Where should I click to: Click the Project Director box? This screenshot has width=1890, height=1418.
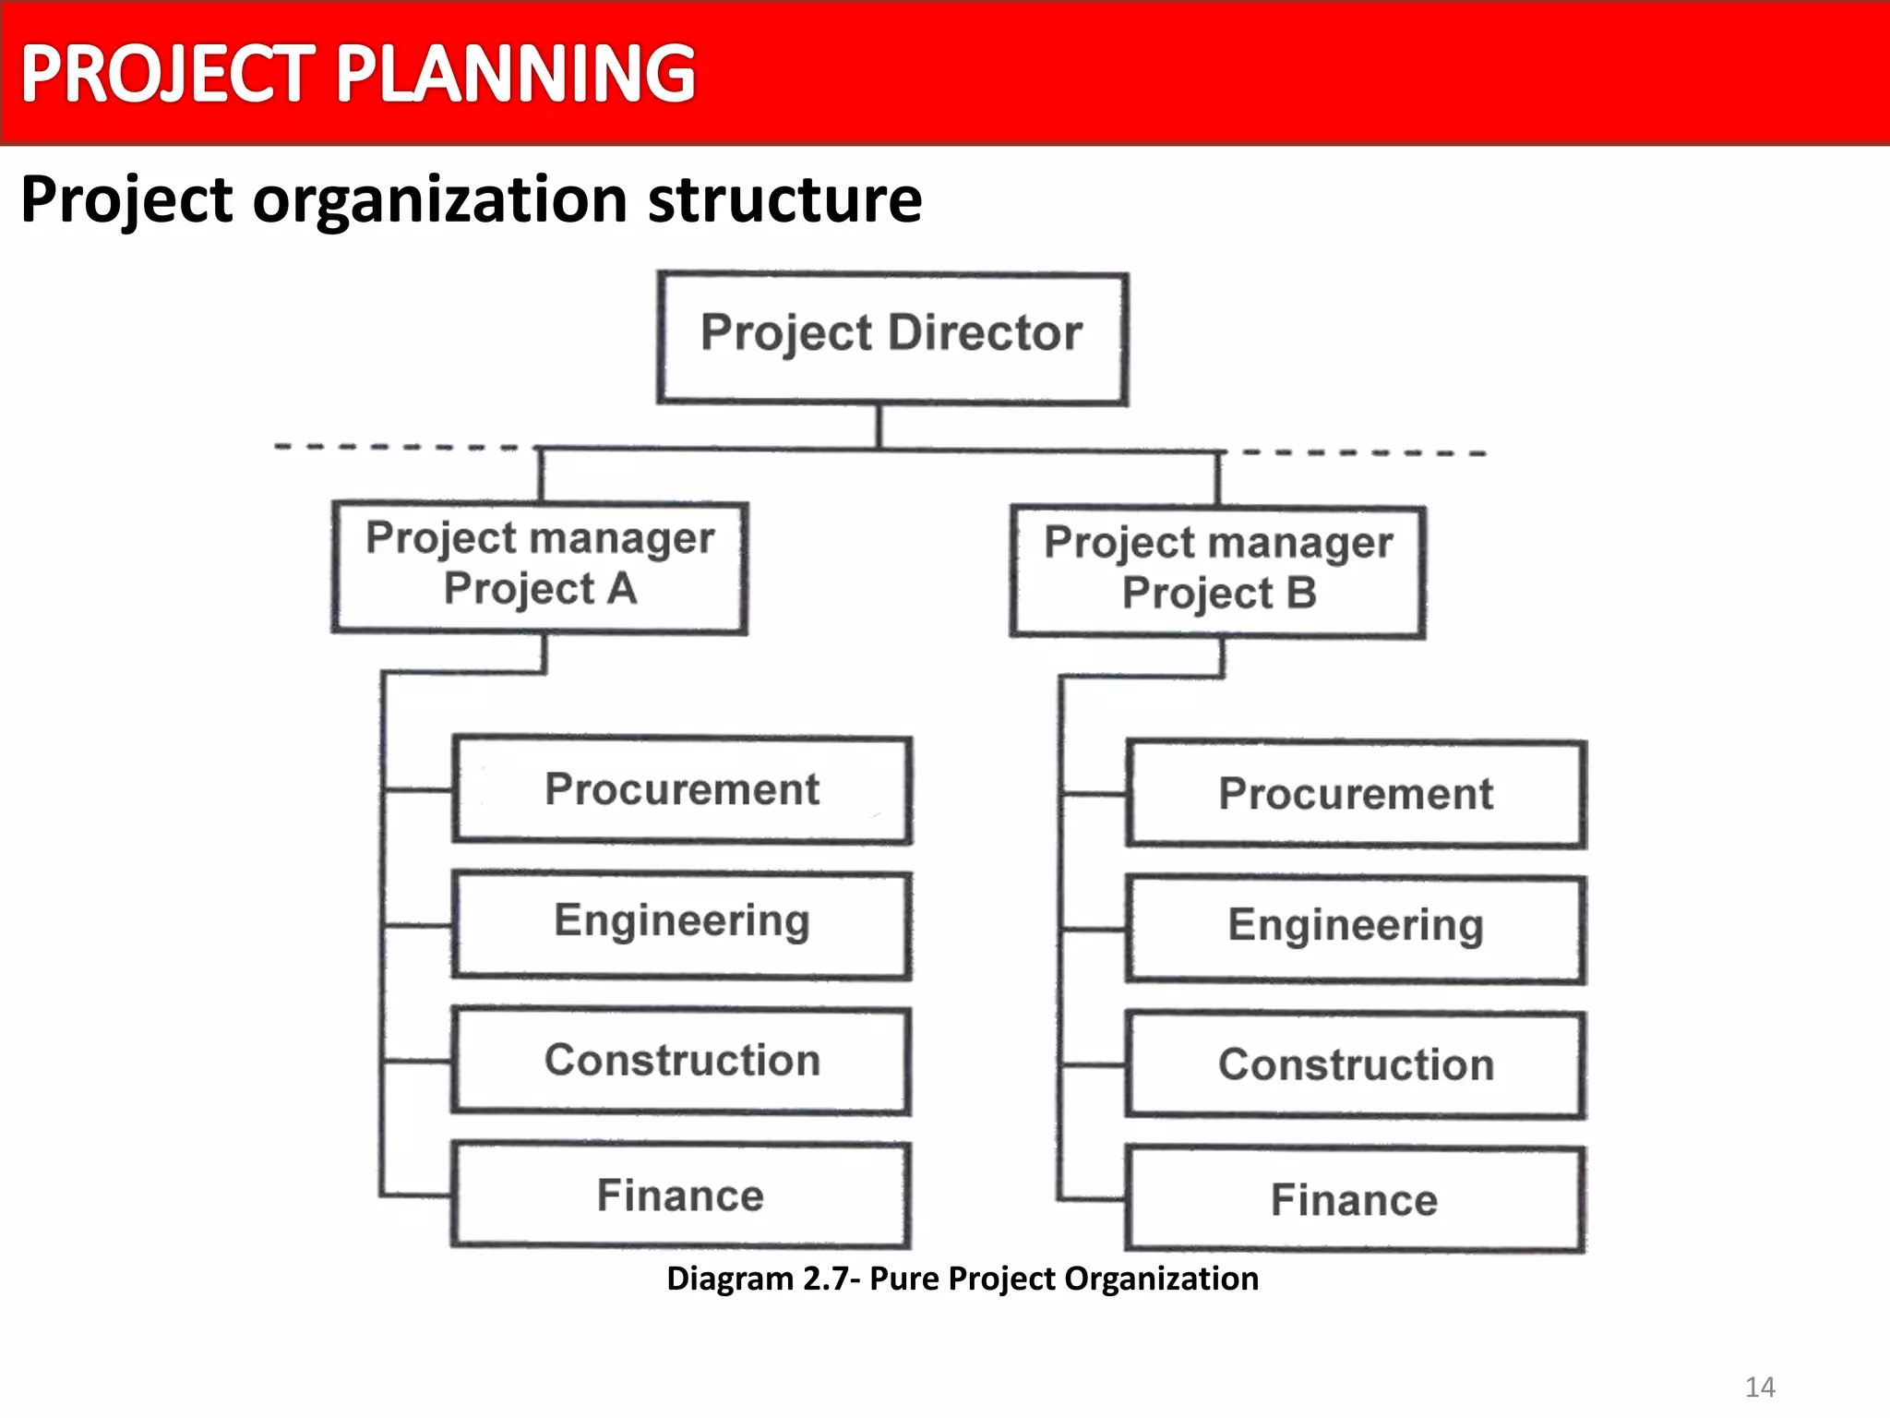891,338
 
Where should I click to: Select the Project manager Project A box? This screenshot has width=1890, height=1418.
540,567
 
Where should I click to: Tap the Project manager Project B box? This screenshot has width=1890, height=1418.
1218,571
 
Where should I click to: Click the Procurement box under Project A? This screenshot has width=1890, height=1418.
682,790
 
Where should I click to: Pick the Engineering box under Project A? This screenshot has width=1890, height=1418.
682,924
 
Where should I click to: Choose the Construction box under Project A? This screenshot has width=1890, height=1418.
681,1061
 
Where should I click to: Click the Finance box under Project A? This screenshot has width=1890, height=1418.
681,1196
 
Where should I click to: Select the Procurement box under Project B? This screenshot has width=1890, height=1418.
1356,794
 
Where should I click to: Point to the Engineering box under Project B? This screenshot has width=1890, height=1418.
1356,929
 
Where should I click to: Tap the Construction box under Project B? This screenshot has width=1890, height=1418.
1356,1065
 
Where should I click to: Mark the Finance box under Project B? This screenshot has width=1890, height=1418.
1355,1200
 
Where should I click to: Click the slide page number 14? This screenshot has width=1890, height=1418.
1760,1387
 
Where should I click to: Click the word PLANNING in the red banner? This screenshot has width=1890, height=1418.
515,74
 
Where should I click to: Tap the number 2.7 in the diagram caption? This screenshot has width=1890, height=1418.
821,1279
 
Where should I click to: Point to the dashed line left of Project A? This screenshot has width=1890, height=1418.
397,447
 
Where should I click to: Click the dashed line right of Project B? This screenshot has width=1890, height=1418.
1364,452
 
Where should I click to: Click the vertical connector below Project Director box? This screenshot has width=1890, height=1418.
879,427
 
